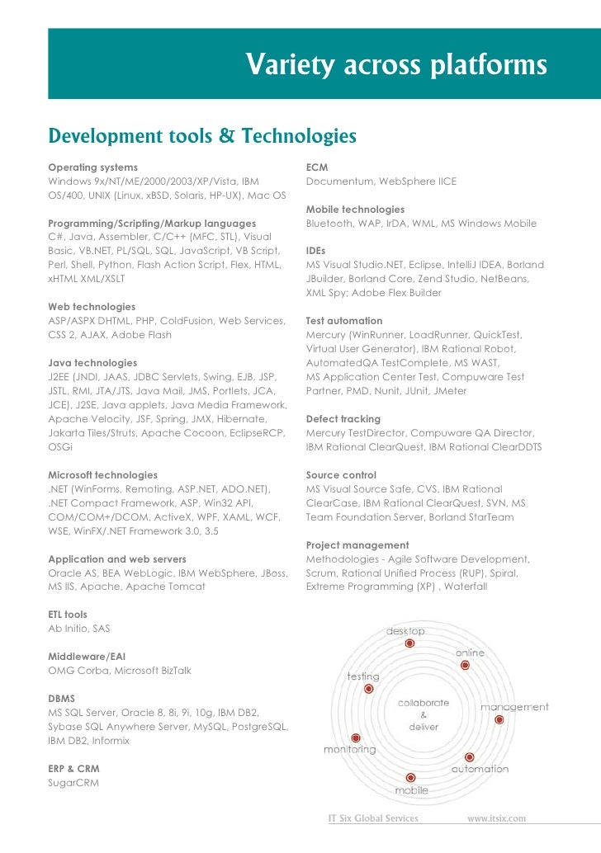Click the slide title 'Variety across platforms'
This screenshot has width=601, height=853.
396,64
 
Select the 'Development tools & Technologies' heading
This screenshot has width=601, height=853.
202,134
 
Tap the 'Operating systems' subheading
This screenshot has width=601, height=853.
93,167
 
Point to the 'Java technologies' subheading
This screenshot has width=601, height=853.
92,362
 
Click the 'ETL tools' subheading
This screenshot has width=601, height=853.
68,615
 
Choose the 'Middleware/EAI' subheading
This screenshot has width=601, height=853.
87,657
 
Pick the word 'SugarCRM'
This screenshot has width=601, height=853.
73,783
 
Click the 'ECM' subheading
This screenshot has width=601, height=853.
317,167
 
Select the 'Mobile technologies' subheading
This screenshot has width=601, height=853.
355,210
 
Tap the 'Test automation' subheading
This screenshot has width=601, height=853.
344,320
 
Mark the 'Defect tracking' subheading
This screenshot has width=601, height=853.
343,419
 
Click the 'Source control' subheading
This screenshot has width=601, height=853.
340,475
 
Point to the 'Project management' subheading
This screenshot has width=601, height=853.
357,545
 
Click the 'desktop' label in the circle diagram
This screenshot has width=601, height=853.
406,631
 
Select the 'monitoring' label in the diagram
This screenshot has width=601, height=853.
349,750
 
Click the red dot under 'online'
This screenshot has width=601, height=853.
465,664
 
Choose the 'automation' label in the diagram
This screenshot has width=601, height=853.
480,769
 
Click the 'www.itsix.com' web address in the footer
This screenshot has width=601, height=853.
497,818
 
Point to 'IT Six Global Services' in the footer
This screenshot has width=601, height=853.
373,818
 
